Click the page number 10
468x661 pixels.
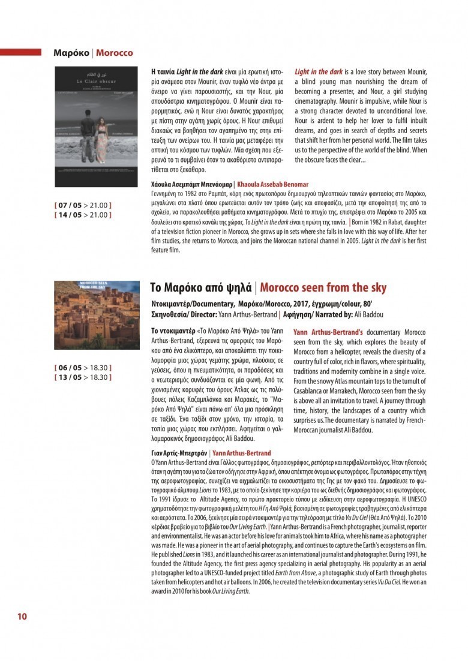pyautogui.click(x=22, y=616)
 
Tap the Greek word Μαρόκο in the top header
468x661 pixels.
pyautogui.click(x=71, y=53)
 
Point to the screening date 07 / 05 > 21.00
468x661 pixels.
pyautogui.click(x=83, y=205)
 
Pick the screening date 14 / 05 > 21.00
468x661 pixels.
pyautogui.click(x=83, y=214)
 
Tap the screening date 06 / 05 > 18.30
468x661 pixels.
pyautogui.click(x=83, y=368)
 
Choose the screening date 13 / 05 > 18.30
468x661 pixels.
pyautogui.click(x=83, y=377)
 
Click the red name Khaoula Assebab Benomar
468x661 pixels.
pyautogui.click(x=273, y=184)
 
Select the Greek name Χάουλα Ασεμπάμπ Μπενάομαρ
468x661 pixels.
pyautogui.click(x=191, y=184)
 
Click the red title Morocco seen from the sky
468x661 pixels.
pyautogui.click(x=323, y=287)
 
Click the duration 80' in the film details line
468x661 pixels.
pyautogui.click(x=383, y=304)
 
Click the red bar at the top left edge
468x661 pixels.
pyautogui.click(x=20, y=52)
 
